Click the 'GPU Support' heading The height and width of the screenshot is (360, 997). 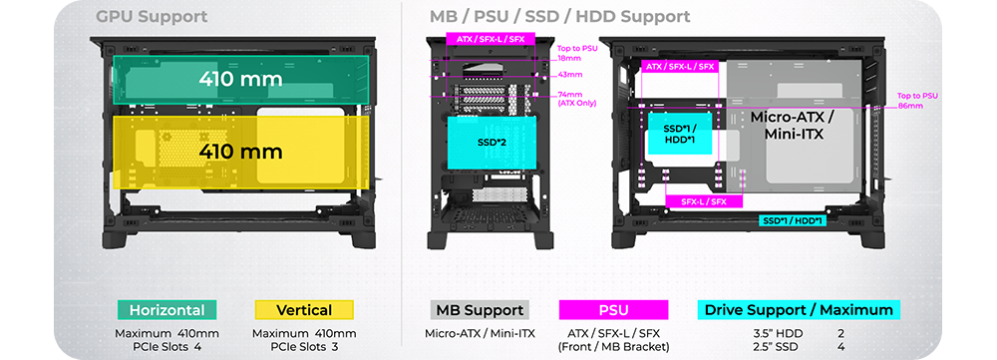(x=152, y=17)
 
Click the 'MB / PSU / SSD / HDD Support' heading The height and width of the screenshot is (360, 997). (x=560, y=17)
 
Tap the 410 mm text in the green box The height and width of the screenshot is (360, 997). (x=240, y=80)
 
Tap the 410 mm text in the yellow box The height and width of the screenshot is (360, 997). (x=240, y=152)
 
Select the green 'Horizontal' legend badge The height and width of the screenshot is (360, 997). (x=167, y=310)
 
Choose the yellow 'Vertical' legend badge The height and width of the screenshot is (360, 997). (x=304, y=310)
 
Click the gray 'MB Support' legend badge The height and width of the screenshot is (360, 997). (x=480, y=310)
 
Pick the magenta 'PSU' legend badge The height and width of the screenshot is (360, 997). (x=613, y=310)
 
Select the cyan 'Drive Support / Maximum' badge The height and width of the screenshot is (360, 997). (x=799, y=310)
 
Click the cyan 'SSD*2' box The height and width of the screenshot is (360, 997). (x=493, y=143)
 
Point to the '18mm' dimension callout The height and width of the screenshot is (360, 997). (x=569, y=58)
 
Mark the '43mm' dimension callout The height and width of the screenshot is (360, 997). (x=569, y=75)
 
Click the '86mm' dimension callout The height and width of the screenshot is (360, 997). (x=910, y=106)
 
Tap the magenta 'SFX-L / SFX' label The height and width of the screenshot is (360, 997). (x=705, y=201)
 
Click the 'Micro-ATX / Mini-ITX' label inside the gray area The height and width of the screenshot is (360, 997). (x=793, y=126)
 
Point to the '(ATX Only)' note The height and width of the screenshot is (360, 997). (x=576, y=103)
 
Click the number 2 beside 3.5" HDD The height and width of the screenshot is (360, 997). (x=840, y=333)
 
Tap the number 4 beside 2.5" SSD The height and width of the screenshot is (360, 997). (x=840, y=347)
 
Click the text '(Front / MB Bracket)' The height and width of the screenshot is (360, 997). (x=613, y=347)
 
